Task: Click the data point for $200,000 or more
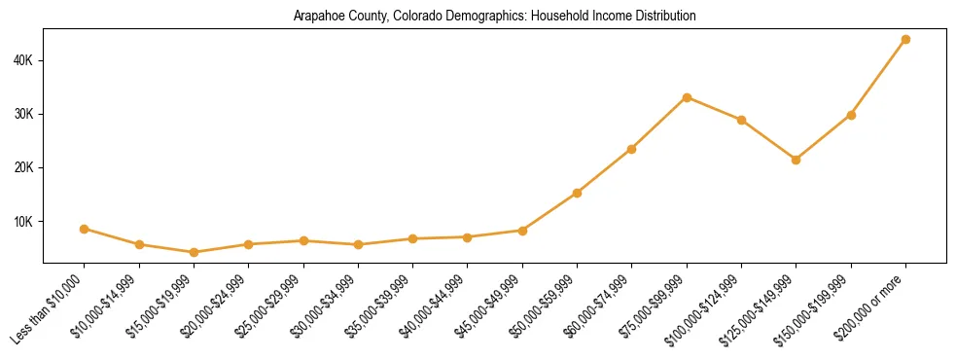(x=905, y=40)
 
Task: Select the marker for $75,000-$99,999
(x=687, y=97)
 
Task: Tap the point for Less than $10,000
(x=85, y=229)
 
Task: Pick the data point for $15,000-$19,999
(x=194, y=252)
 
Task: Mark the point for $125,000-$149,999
(x=797, y=160)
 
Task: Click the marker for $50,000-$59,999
(x=578, y=193)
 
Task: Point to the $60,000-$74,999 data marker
(x=632, y=149)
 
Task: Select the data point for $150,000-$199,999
(x=851, y=115)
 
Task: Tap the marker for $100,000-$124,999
(x=741, y=120)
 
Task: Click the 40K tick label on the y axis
(x=24, y=60)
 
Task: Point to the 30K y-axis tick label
(x=24, y=114)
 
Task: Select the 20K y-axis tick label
(x=24, y=167)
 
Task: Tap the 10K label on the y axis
(x=24, y=221)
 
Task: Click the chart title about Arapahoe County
(x=494, y=17)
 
